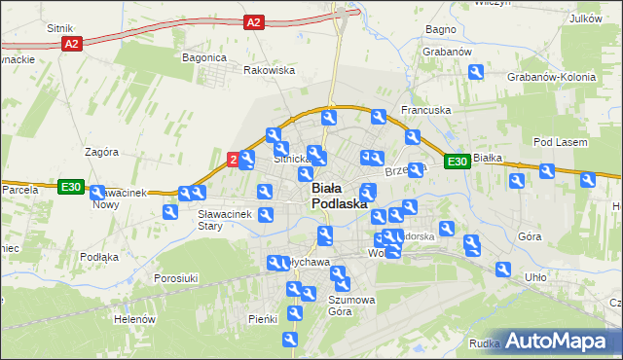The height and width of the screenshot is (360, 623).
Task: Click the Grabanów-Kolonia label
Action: point(544,77)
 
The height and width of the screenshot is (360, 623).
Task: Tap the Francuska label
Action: point(425,110)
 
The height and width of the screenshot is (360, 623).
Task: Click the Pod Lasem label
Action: point(560,143)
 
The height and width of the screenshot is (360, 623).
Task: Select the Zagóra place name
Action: point(101,152)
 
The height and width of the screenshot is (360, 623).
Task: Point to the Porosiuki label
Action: point(176,278)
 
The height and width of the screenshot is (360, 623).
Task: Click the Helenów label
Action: point(134,319)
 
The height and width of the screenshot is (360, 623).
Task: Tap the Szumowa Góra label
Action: point(351,306)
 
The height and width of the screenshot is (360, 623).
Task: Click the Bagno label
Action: point(440,29)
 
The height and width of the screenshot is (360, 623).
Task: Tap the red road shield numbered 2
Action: point(233,158)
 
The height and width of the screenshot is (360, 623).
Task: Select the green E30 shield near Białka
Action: point(458,162)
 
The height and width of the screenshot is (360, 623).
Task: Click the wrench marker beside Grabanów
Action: point(476,71)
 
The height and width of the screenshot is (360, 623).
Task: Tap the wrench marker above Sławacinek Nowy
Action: point(98,193)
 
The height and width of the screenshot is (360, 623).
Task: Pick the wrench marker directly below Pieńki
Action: point(289,339)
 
